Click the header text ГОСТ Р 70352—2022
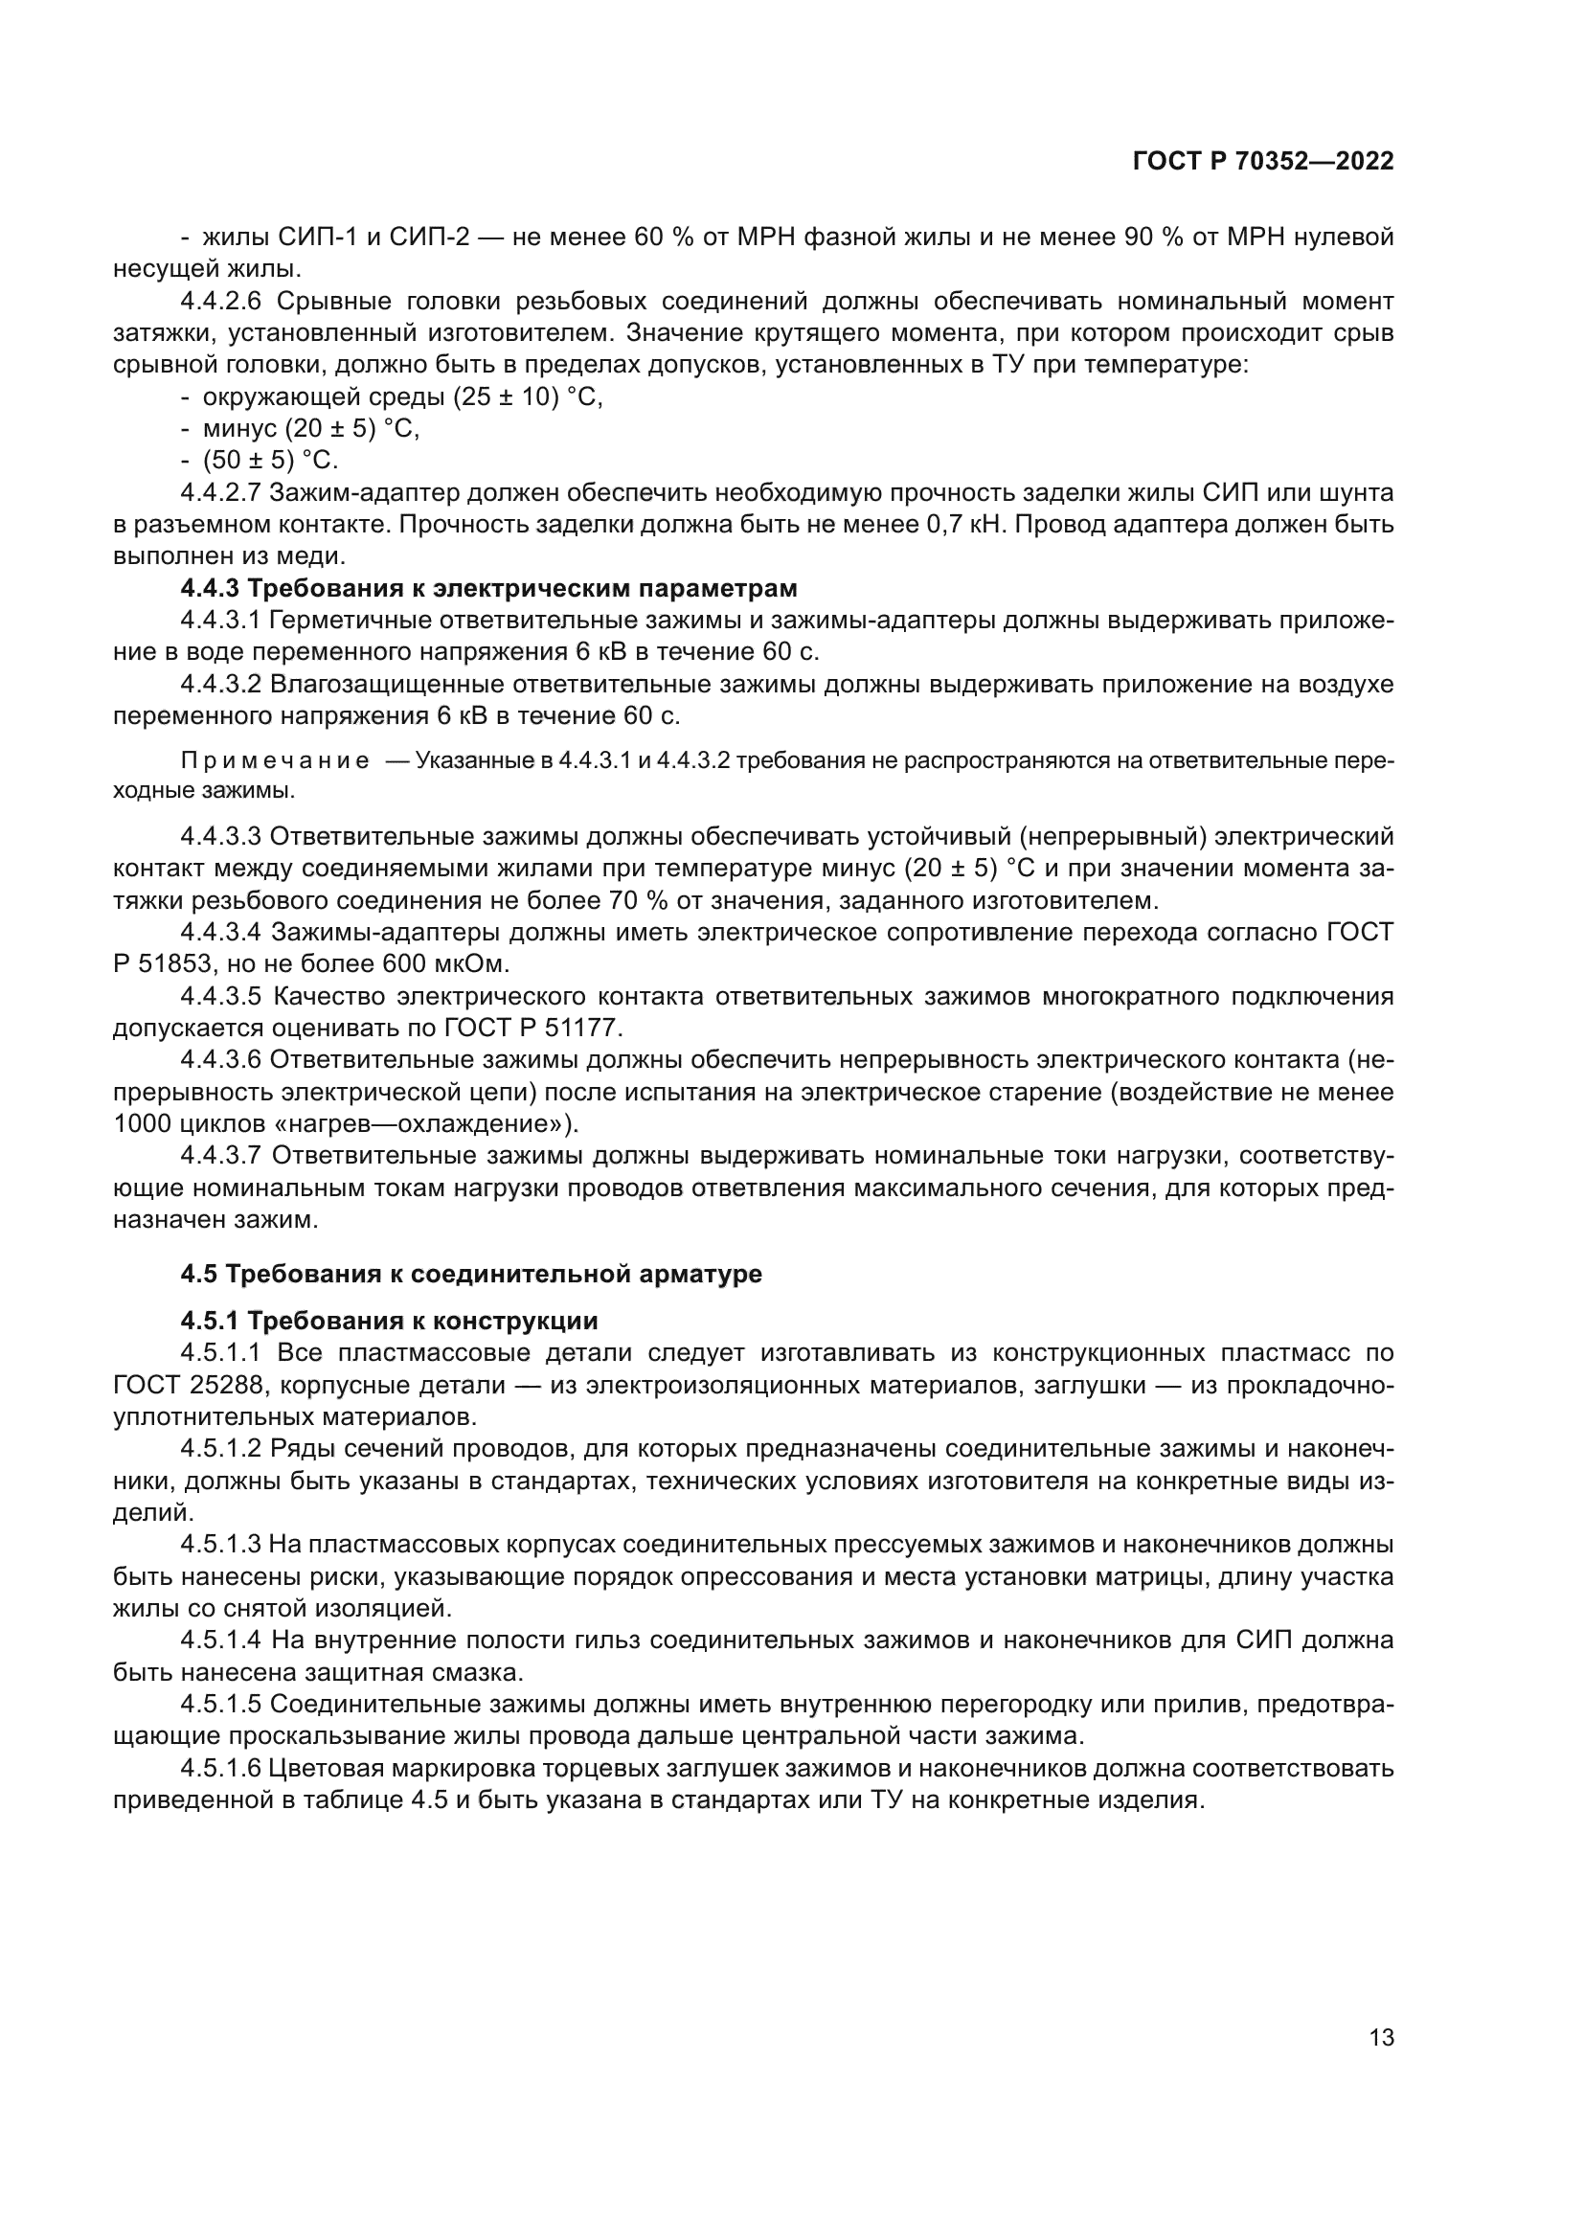pos(1262,162)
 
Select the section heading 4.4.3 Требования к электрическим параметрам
pos(488,588)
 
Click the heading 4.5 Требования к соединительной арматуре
pos(471,1274)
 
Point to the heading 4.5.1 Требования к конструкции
pos(389,1321)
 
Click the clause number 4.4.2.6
pos(221,301)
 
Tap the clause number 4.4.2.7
pos(221,492)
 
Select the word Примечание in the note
pos(275,761)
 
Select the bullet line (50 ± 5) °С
pos(270,461)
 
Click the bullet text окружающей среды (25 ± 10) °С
pos(402,397)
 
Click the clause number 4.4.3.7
pos(221,1156)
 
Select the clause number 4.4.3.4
pos(221,933)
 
